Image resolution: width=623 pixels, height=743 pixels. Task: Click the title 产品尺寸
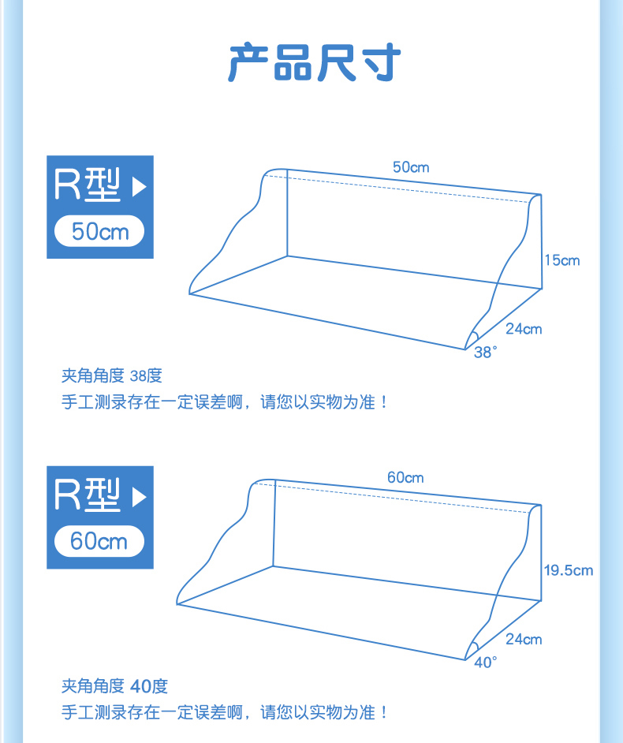(314, 64)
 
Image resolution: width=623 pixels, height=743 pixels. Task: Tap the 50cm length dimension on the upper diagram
(411, 167)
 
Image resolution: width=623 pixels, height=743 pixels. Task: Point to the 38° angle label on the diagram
(486, 353)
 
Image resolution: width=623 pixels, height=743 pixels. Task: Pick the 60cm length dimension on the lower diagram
(405, 477)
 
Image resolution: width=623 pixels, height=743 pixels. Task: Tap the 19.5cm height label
(569, 570)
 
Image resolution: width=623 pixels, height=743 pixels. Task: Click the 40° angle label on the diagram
(486, 663)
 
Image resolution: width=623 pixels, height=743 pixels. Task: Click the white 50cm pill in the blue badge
(99, 232)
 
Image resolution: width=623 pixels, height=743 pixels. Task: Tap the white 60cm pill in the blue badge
(99, 542)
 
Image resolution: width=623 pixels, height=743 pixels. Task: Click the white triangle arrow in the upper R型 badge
(140, 188)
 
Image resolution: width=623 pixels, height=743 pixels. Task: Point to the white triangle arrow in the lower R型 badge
(140, 498)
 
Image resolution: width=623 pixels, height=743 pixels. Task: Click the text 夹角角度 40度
(114, 686)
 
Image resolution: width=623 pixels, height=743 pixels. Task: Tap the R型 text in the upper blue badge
(87, 185)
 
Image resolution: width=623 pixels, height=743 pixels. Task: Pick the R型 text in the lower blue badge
(87, 495)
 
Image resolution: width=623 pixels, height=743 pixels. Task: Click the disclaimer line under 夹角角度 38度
(225, 402)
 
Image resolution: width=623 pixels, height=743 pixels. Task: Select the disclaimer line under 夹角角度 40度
(225, 713)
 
